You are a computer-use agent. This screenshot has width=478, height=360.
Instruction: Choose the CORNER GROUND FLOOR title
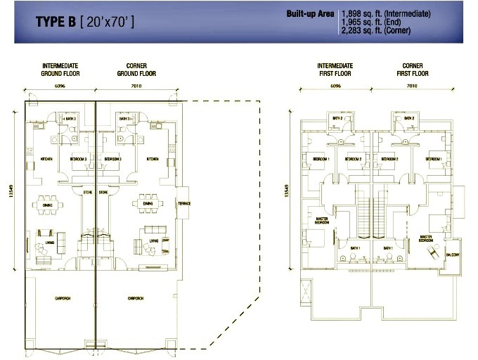pyautogui.click(x=136, y=71)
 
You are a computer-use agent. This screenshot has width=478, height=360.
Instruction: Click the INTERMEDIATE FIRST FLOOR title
pyautogui.click(x=335, y=71)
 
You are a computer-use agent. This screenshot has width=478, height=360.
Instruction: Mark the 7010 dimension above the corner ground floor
pyautogui.click(x=136, y=89)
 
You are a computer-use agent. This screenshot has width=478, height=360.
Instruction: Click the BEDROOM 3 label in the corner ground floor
pyautogui.click(x=112, y=160)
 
